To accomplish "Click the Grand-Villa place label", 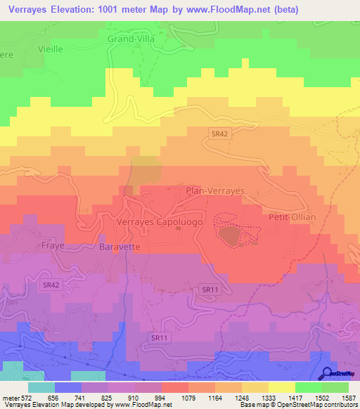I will pos(130,39).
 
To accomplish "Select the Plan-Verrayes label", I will pos(214,190).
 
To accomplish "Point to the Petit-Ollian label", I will pos(292,217).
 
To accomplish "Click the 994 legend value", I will pos(148,397).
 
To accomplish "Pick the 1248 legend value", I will pos(229,397).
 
